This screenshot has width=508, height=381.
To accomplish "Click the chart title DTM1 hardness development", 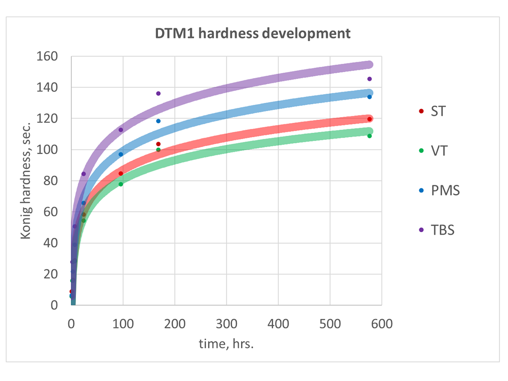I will click(x=253, y=33).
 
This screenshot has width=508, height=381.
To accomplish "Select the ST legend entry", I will click(x=438, y=111).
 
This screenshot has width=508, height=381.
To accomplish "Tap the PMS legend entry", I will click(x=445, y=190).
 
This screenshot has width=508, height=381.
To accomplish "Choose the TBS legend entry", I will click(x=442, y=230).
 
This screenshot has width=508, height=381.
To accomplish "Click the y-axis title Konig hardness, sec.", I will click(x=26, y=181).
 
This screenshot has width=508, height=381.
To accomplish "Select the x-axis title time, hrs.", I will click(x=226, y=345).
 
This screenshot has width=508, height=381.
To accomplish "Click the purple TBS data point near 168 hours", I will click(x=158, y=93).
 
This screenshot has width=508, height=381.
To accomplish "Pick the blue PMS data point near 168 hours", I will click(x=158, y=121).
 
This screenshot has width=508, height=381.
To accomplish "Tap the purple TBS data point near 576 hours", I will click(x=369, y=79).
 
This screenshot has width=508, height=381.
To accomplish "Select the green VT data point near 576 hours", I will click(x=369, y=136).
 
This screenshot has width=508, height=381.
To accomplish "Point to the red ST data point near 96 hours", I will click(x=121, y=174).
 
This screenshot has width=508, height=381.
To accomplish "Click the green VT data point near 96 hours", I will click(x=121, y=184).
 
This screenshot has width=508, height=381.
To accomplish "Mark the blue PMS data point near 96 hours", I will click(x=121, y=154).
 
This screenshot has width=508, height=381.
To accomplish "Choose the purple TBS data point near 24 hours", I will click(x=83, y=174).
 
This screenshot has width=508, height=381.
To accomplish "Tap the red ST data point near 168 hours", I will click(x=158, y=144).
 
